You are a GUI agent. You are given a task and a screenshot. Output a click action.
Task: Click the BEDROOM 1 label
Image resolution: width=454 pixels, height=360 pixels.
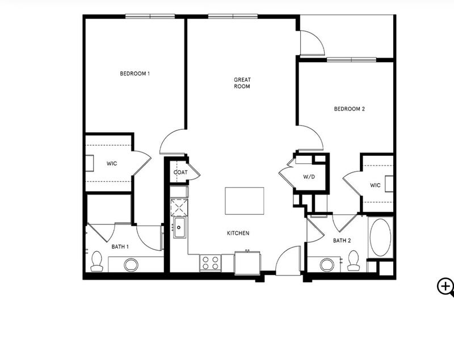(135, 74)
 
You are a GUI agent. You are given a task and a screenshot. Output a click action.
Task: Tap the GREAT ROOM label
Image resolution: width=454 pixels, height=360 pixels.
(242, 83)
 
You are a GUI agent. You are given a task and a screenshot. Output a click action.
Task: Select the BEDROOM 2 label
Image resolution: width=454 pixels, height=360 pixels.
(350, 109)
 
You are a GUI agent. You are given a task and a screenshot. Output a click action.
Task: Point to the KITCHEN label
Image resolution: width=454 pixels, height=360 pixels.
(238, 233)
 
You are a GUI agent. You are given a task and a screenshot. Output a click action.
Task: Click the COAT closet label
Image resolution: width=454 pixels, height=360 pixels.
(180, 172)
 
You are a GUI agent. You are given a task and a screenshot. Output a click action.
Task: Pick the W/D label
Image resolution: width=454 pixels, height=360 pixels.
(309, 177)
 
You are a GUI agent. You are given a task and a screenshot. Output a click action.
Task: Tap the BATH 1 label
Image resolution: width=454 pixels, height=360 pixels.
(120, 247)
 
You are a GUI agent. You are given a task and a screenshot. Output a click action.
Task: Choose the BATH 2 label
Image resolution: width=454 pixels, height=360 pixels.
(342, 240)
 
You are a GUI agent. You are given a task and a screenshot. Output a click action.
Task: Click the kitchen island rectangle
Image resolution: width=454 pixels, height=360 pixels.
(245, 201)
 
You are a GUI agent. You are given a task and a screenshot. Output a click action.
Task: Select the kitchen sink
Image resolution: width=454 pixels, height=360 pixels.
(180, 227)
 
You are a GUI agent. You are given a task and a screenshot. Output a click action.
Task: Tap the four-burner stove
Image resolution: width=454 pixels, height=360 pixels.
(211, 263)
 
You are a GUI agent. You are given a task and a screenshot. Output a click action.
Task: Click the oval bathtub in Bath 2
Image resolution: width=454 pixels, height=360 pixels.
(380, 237)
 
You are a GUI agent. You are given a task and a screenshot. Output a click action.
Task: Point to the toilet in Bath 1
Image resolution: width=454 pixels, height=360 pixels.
(96, 261)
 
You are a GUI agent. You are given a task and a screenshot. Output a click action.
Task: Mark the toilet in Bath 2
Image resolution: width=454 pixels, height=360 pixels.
(354, 261)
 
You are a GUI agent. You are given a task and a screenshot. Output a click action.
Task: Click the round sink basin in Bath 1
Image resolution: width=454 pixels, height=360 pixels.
(131, 265)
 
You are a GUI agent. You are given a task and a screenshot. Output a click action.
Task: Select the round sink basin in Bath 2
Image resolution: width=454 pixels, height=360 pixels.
(327, 264)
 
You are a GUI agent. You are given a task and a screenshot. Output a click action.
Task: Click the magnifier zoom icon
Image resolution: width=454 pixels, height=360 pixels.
(445, 287)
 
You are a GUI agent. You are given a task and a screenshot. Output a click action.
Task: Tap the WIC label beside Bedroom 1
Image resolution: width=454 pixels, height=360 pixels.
(112, 164)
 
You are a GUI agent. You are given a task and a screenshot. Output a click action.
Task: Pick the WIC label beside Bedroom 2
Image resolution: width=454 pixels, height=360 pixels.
(375, 185)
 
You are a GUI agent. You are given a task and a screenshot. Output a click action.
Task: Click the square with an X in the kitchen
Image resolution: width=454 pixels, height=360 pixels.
(179, 207)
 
